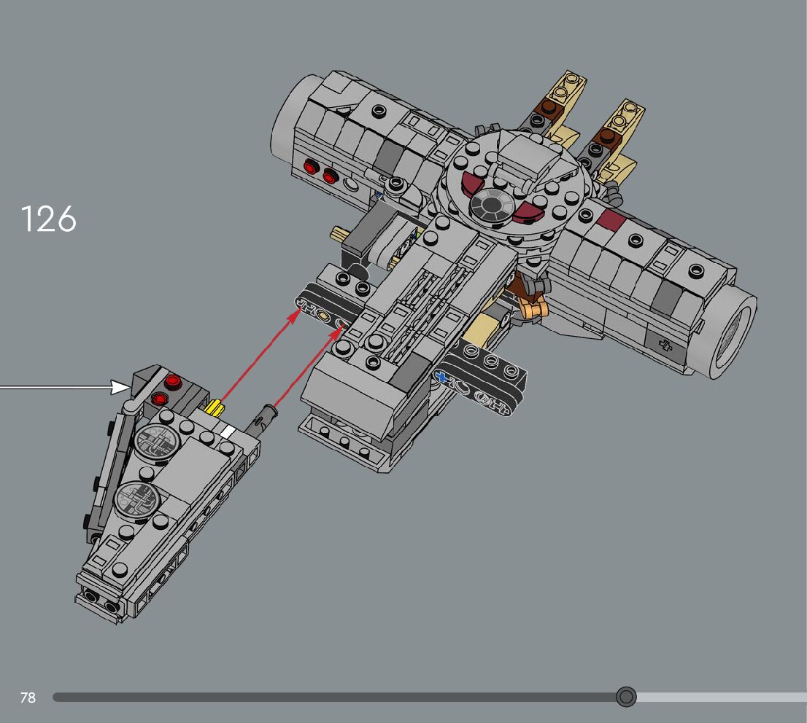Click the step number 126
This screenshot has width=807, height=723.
click(48, 219)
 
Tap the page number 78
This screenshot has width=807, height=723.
click(28, 697)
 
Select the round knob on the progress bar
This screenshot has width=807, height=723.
click(626, 697)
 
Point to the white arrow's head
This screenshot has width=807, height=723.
click(120, 387)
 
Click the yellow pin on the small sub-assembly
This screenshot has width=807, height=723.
click(215, 407)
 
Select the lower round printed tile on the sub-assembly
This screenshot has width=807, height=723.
click(137, 499)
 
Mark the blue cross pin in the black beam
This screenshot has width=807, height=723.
click(441, 377)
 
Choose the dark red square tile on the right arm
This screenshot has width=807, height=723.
click(610, 219)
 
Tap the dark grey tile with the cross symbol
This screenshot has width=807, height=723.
click(665, 344)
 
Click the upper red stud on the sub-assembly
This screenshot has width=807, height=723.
click(173, 380)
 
